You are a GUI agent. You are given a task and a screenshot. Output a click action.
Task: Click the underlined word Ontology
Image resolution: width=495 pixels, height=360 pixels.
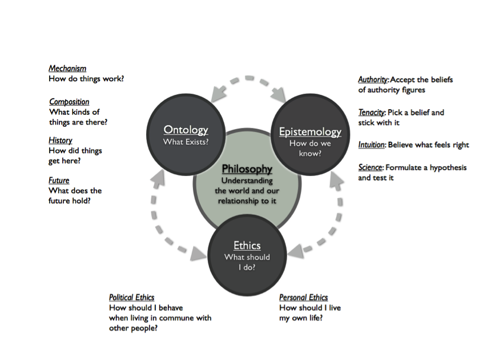pos(186,130)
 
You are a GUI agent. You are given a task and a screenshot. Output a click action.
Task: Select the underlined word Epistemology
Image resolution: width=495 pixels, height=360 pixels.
pos(310,132)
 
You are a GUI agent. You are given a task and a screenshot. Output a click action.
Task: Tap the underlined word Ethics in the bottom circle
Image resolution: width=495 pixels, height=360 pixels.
pos(247,246)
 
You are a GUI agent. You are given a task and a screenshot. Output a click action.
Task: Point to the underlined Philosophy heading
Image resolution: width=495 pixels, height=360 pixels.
pos(247,169)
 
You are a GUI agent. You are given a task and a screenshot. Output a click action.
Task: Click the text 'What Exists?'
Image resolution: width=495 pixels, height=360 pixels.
pos(186,142)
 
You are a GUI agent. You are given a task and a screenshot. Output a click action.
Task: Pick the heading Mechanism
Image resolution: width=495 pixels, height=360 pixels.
pos(67,69)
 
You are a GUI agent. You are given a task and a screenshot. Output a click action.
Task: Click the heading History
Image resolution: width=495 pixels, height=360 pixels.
pos(61,141)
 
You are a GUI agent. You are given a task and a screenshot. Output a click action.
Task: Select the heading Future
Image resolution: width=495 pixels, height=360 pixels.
pos(59,181)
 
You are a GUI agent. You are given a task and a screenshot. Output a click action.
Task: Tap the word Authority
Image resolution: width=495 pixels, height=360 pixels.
pos(373,80)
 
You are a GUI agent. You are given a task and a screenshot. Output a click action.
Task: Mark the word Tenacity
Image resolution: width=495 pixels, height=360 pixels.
pos(372,113)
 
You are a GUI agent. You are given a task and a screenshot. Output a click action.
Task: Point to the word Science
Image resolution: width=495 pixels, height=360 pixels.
pos(370,168)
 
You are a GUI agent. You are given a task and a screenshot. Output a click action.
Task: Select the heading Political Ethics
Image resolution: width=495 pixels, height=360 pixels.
pos(131,298)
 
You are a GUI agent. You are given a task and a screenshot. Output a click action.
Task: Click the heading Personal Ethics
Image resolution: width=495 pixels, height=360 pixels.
pos(303,298)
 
